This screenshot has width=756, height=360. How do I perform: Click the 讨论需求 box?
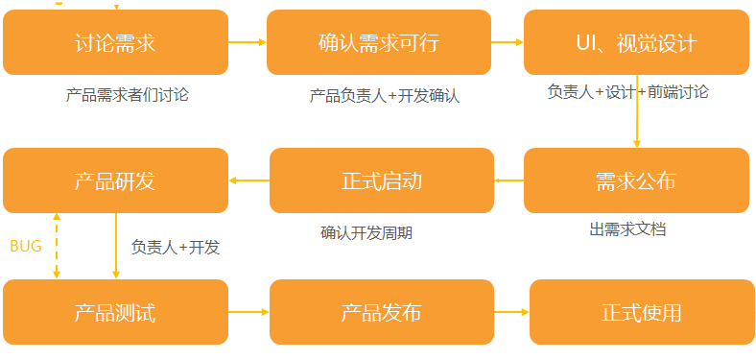115,42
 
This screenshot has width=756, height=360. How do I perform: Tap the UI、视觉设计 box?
635,42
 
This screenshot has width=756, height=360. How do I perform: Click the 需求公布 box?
635,180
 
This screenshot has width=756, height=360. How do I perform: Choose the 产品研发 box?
115,180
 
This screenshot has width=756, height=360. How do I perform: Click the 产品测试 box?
115,312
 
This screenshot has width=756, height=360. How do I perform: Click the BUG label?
26,247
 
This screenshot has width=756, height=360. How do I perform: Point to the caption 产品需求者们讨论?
128,95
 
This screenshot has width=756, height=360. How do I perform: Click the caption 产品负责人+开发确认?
385,96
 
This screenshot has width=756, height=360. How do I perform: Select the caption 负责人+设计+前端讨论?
627,92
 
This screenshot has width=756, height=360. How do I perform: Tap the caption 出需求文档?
627,229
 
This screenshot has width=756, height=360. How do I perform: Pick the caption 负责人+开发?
176,247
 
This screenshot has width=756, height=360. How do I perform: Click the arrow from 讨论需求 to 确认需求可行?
248,42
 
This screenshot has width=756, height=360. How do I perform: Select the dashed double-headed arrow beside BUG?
57,246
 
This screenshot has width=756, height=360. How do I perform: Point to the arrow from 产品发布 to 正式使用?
511,312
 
